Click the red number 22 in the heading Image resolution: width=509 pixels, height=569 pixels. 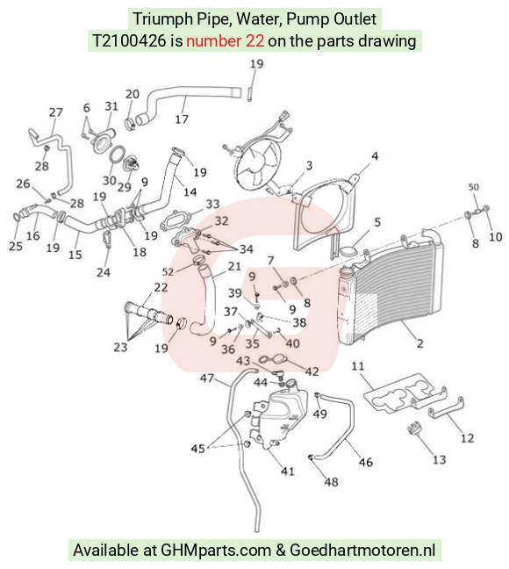tap(254, 40)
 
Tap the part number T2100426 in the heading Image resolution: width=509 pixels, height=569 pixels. tap(130, 40)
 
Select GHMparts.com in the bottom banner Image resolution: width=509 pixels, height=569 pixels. tap(216, 551)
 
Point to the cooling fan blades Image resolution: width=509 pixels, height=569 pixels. tap(258, 163)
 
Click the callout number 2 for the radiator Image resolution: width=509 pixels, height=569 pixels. tap(419, 343)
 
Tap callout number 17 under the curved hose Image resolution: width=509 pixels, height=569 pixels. tap(182, 119)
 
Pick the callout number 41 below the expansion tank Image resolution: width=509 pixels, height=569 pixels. tap(288, 471)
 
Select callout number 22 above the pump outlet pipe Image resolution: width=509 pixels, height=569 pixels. tap(161, 287)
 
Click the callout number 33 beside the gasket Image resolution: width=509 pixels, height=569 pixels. tap(212, 204)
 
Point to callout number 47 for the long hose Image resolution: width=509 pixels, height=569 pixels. tap(207, 378)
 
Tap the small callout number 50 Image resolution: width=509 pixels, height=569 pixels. tap(473, 187)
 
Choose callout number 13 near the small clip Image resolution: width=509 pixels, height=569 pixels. tap(440, 460)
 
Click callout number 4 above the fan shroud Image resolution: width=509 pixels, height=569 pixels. tap(375, 156)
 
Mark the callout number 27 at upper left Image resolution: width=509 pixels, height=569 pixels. tap(56, 112)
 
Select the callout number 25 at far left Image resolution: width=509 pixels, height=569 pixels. tap(16, 247)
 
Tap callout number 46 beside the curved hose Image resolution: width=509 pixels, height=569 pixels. tap(366, 462)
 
